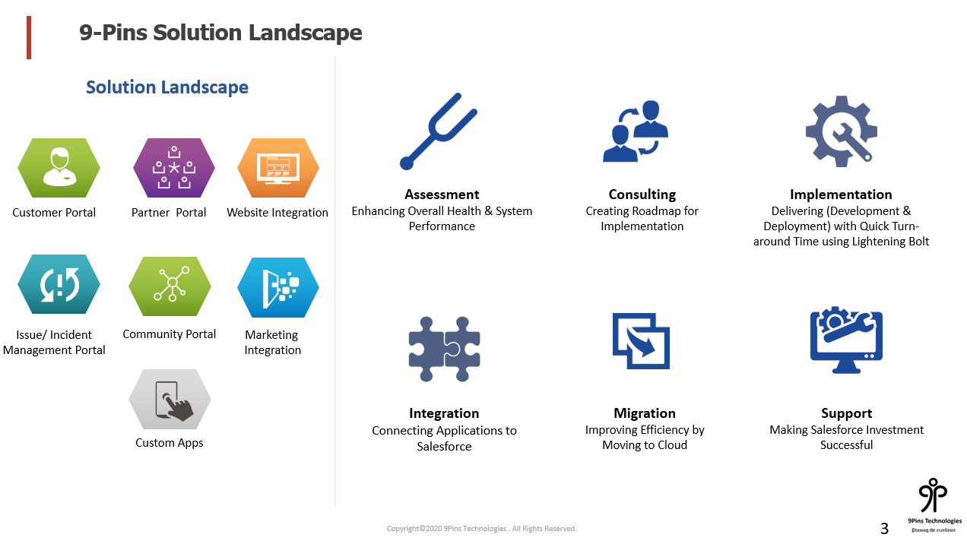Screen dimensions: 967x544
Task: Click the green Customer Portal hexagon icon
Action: click(59, 168)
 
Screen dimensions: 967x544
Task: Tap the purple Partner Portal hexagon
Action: click(174, 168)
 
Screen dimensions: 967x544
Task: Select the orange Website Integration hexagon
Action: click(278, 168)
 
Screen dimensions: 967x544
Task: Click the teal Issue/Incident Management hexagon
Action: click(59, 284)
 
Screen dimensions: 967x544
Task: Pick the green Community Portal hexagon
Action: click(170, 286)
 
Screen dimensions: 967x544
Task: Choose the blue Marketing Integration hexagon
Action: click(278, 287)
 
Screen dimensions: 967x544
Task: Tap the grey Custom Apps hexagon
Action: click(170, 399)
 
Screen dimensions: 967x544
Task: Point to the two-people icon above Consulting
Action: click(636, 131)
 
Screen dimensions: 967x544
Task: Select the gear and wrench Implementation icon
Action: click(842, 131)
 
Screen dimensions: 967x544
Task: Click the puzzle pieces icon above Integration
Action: click(444, 349)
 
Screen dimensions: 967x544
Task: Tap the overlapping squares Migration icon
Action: click(641, 341)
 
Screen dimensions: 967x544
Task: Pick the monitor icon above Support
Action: click(846, 340)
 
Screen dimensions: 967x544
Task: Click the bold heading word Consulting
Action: click(642, 195)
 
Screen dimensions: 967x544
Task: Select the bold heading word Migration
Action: click(645, 413)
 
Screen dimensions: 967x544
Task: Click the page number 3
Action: click(884, 529)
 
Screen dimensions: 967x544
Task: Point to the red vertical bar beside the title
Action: click(29, 37)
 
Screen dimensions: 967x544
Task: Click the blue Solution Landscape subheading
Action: click(167, 87)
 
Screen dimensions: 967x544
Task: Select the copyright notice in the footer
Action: click(482, 529)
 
